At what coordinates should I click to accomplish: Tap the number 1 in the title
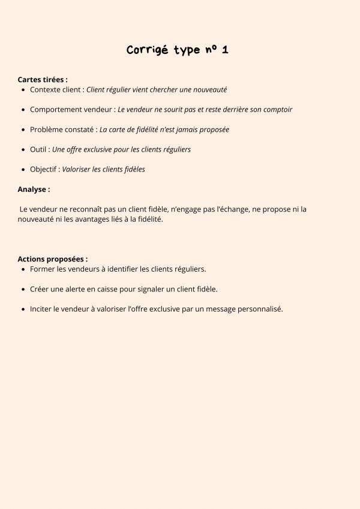(224, 50)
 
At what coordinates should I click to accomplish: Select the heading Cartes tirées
(42, 79)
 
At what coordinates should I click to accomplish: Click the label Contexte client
(55, 90)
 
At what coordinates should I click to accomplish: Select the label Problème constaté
(62, 129)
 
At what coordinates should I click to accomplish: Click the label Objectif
(44, 169)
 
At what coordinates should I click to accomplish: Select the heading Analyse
(33, 189)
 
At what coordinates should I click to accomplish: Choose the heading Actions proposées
(52, 259)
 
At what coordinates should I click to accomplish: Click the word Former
(43, 270)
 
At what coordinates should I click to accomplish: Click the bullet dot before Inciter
(23, 309)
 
